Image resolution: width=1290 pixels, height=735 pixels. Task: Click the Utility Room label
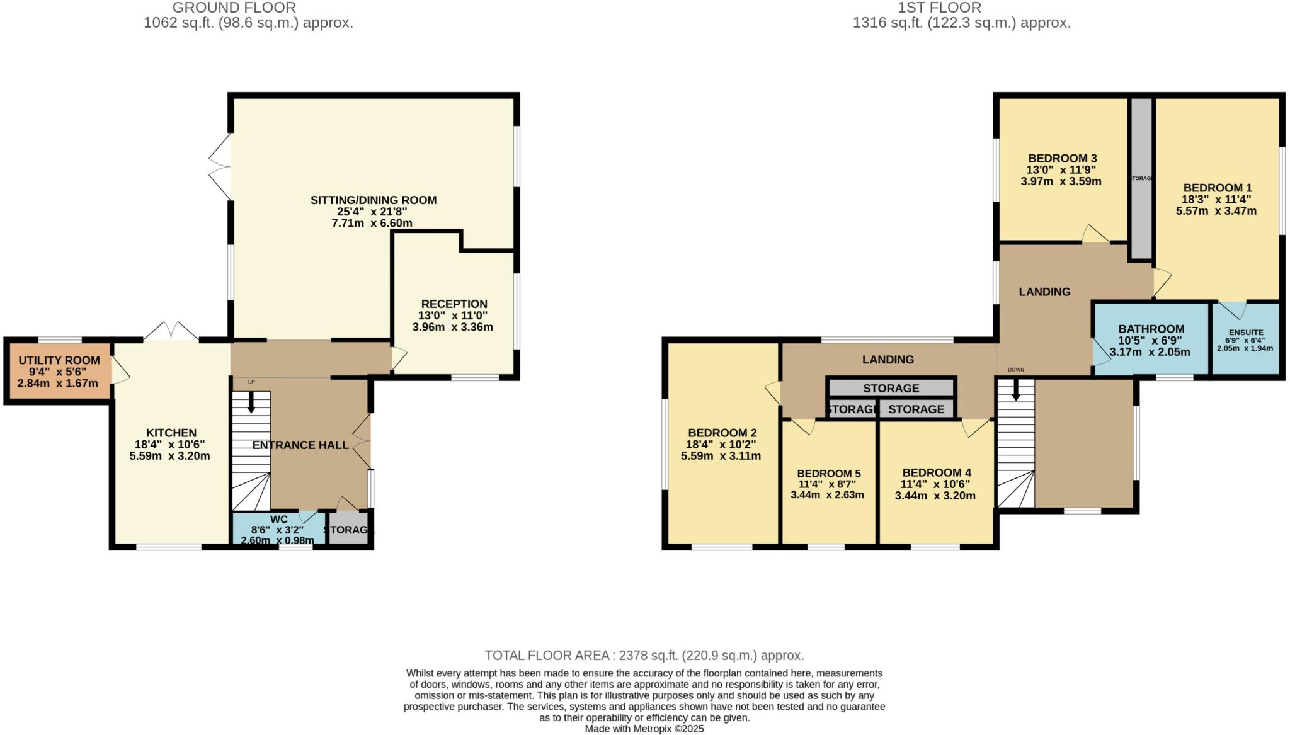(x=59, y=360)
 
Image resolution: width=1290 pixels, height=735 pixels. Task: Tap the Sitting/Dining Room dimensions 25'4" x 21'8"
(x=372, y=212)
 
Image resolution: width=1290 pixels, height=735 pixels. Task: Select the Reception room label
(x=454, y=304)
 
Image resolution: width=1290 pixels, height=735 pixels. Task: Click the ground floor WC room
(x=278, y=530)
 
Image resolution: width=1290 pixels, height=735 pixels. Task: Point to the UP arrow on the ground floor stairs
(x=251, y=401)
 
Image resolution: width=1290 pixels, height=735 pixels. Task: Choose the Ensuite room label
(x=1245, y=333)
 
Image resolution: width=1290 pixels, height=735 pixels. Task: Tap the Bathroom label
(x=1151, y=329)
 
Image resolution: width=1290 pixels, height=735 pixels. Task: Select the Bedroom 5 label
(x=828, y=474)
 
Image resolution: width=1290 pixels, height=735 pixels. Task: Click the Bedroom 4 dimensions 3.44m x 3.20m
(x=935, y=496)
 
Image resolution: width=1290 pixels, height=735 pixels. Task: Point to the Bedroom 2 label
(x=722, y=433)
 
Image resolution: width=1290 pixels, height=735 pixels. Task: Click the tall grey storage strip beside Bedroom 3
(x=1141, y=178)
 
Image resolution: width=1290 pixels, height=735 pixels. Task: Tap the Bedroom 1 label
(x=1217, y=188)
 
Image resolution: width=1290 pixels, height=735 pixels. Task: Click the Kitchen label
(x=171, y=433)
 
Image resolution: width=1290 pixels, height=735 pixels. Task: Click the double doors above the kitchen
(x=171, y=331)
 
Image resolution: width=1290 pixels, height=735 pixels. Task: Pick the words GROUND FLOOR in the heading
(x=234, y=8)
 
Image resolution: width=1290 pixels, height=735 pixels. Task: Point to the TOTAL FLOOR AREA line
(x=644, y=655)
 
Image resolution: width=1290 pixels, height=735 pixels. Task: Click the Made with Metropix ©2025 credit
(x=644, y=729)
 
